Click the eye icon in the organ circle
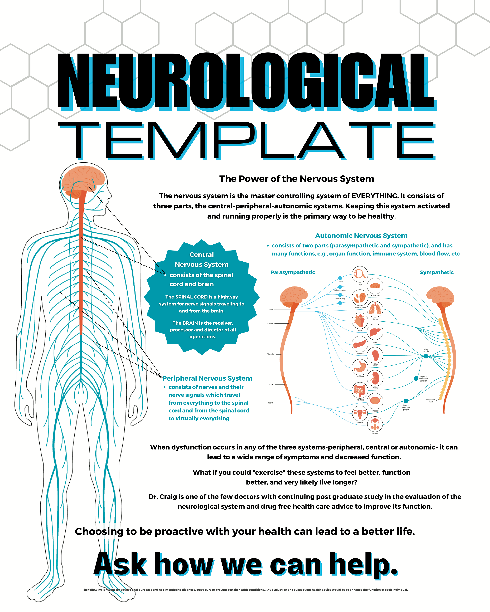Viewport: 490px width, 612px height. click(x=360, y=274)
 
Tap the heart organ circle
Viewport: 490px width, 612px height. click(x=360, y=321)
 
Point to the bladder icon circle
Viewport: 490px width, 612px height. click(x=375, y=401)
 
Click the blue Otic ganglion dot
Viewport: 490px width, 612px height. click(x=340, y=303)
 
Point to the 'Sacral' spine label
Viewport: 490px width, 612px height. click(x=270, y=403)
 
